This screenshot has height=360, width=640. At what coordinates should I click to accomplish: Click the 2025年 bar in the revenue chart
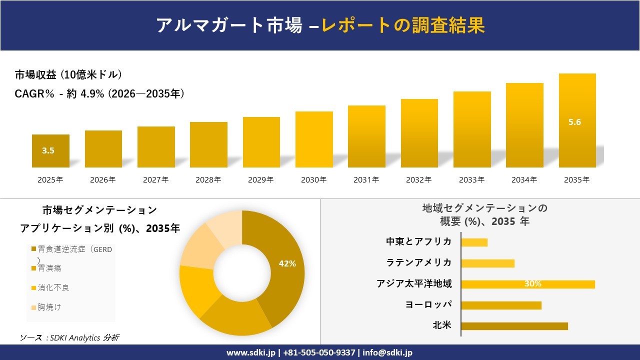[x=50, y=151]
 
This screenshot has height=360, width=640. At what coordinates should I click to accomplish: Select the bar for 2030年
[x=314, y=139]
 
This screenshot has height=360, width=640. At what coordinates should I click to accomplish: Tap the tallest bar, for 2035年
[x=577, y=120]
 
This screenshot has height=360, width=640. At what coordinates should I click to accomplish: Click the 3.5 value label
[x=48, y=150]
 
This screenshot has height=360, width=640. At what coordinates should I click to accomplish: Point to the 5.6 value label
[x=574, y=122]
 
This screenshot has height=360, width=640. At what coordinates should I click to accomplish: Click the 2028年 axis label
[x=208, y=180]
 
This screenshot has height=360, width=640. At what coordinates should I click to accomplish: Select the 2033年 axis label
[x=471, y=180]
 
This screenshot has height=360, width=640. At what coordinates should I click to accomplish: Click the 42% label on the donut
[x=287, y=263]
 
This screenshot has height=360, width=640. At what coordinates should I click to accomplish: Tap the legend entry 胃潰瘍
[x=49, y=268]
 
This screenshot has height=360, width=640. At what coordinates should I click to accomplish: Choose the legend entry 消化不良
[x=53, y=288]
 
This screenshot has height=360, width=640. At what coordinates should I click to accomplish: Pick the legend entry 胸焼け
[x=49, y=307]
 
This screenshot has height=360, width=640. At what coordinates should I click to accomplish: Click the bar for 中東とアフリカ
[x=474, y=242]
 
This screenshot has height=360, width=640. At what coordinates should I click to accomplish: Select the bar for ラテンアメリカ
[x=487, y=263]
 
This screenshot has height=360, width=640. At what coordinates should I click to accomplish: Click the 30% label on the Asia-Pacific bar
[x=532, y=284]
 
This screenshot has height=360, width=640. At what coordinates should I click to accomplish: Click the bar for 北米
[x=514, y=326]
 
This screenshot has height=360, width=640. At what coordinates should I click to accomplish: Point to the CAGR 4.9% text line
[x=99, y=93]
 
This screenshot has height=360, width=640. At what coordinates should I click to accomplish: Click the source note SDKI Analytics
[x=69, y=338]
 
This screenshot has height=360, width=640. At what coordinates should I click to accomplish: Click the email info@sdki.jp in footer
[x=387, y=352]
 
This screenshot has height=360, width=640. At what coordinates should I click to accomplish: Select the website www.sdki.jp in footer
[x=251, y=352]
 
